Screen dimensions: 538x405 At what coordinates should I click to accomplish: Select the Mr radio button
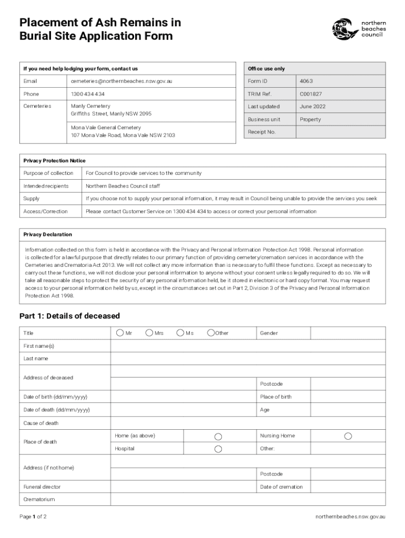[120, 333]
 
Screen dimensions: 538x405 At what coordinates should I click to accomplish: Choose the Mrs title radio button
[149, 333]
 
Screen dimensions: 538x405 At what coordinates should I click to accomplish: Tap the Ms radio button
[180, 333]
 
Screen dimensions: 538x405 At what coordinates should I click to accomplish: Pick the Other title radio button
[211, 333]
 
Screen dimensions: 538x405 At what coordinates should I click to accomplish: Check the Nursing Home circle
[348, 436]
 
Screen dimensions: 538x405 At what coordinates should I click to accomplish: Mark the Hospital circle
[218, 449]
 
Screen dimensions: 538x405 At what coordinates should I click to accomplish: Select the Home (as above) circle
[218, 437]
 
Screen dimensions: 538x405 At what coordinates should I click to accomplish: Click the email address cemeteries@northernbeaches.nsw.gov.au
[121, 81]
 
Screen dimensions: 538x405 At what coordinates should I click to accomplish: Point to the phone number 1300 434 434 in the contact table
[88, 94]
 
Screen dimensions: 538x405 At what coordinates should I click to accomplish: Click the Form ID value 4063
[306, 81]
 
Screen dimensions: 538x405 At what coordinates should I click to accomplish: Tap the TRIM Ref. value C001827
[310, 94]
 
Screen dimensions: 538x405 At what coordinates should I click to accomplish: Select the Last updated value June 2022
[312, 107]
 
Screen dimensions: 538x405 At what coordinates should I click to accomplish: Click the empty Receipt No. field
[340, 132]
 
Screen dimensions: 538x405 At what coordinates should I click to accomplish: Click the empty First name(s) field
[247, 346]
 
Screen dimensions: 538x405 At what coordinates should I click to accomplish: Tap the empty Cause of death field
[247, 423]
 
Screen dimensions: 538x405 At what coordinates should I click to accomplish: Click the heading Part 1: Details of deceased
[69, 316]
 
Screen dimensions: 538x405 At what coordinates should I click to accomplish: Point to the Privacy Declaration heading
[48, 234]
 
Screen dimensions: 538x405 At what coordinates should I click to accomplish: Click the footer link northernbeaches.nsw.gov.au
[350, 516]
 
